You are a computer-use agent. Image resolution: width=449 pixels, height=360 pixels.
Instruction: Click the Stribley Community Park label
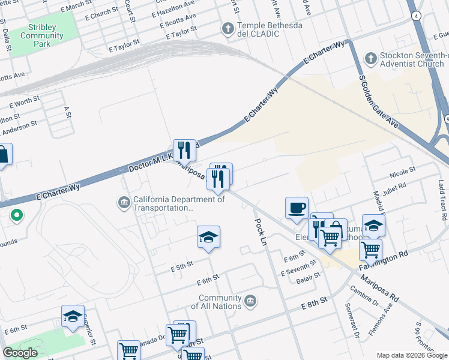[x=41, y=35]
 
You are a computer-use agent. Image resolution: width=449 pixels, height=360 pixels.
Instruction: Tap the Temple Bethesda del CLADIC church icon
[x=228, y=28]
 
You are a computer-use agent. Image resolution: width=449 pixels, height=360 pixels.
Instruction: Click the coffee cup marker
[x=297, y=208]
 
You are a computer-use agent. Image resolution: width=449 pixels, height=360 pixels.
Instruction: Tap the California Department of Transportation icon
[x=124, y=202]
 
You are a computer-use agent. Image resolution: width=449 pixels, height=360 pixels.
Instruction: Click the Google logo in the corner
[x=20, y=353]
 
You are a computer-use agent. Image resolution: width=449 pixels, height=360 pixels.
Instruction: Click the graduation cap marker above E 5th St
[x=208, y=237]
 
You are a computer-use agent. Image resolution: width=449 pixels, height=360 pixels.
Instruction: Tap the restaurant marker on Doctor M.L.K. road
[x=184, y=150]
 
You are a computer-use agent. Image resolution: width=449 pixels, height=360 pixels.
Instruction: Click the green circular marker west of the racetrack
[x=17, y=214]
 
